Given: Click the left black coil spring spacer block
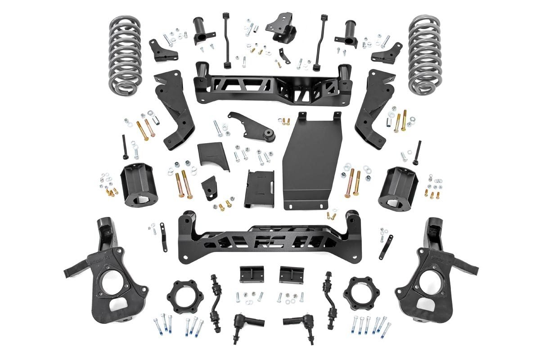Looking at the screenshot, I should coord(136,183).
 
